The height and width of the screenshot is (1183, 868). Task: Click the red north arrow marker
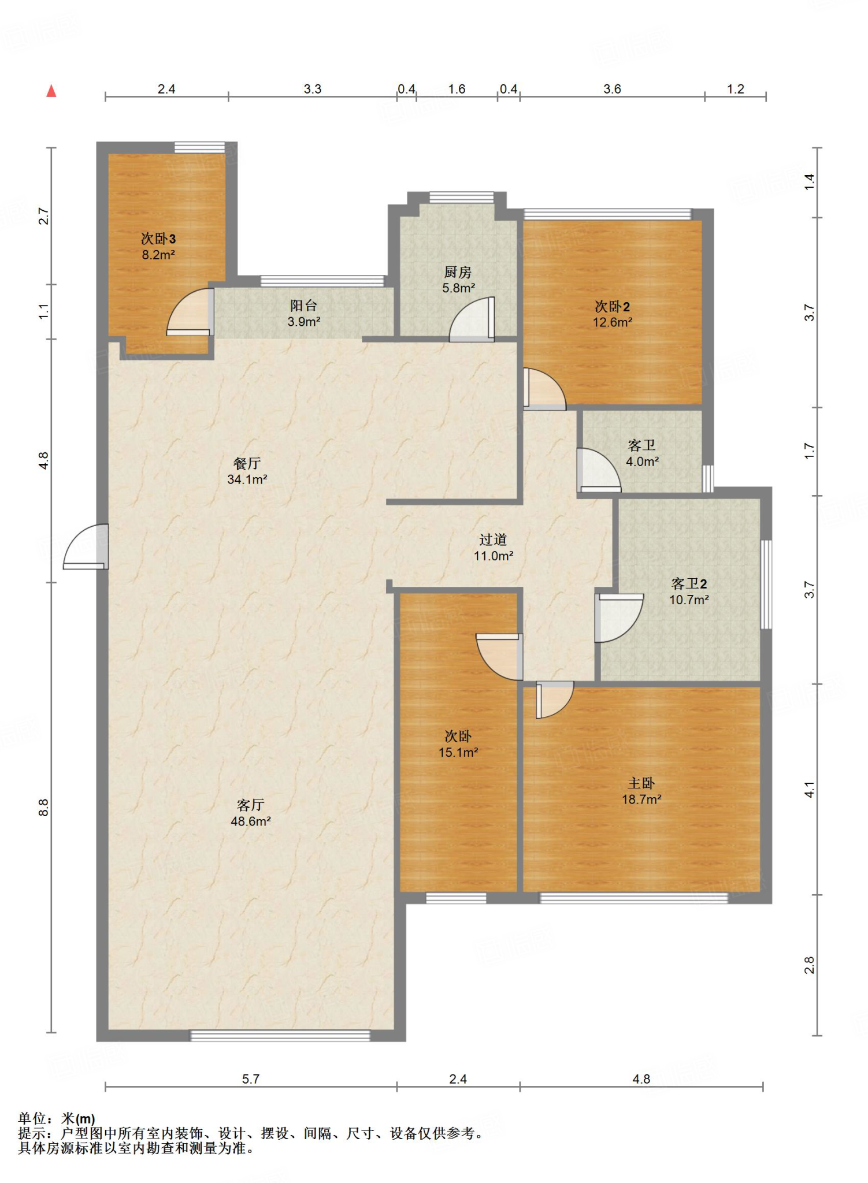tap(51, 91)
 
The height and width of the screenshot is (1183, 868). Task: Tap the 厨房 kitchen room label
tap(458, 271)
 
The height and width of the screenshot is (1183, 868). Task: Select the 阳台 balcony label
tap(304, 306)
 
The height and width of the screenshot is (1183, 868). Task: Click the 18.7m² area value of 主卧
tap(641, 799)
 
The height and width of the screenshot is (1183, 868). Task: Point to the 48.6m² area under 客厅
tap(251, 821)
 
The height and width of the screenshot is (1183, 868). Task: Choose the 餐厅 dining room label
tap(247, 463)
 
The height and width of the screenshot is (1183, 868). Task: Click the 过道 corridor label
tap(493, 540)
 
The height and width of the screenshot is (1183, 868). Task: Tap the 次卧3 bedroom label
tap(158, 239)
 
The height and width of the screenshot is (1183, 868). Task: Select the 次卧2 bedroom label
tap(613, 306)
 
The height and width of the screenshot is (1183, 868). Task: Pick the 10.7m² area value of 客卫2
tap(689, 600)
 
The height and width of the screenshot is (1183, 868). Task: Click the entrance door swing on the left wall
tap(86, 546)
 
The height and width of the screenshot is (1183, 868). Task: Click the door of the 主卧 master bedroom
tap(554, 700)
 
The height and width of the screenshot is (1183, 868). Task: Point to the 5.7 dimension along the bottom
tap(251, 1078)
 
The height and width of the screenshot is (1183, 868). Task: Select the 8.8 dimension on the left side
tap(44, 807)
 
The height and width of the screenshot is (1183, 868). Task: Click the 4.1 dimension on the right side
tap(809, 790)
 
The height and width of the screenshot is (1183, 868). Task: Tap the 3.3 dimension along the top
tap(313, 89)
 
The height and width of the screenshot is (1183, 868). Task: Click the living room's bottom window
tap(280, 1035)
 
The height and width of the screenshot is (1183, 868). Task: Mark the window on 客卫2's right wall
tap(766, 584)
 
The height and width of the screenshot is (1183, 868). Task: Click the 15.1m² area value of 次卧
tap(458, 752)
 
